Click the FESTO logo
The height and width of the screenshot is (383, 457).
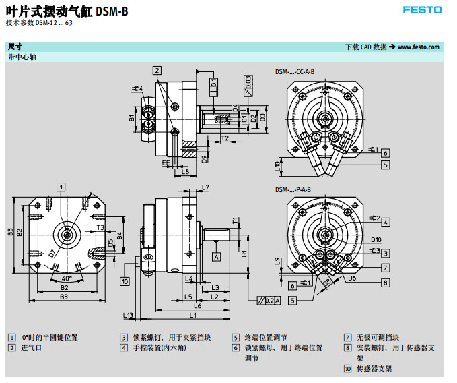[x=422, y=10]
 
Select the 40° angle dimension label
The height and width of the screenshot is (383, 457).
[x=66, y=278]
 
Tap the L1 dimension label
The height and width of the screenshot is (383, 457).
[x=193, y=315]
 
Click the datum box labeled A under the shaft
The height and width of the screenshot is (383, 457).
[x=217, y=257]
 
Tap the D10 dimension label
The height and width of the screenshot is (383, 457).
[x=376, y=239]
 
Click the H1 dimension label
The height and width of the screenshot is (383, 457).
[x=244, y=254]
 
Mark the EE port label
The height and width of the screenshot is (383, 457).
[x=166, y=163]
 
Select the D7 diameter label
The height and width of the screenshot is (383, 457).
[x=51, y=254]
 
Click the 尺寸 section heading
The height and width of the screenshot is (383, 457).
[x=15, y=47]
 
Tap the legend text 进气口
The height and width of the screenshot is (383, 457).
[x=32, y=348]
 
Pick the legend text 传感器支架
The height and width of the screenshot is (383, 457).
[x=374, y=369]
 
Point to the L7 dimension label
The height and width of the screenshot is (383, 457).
[x=205, y=187]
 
